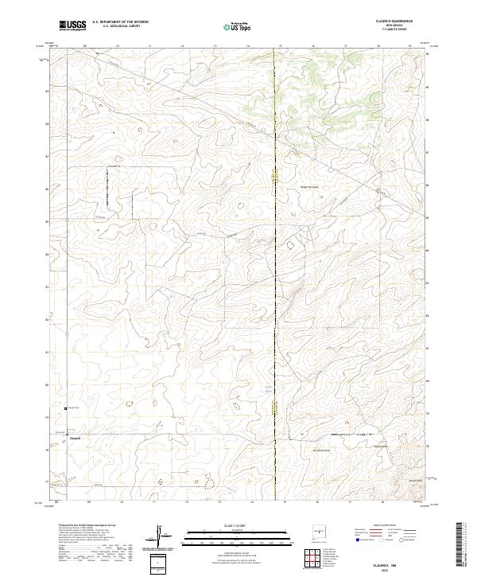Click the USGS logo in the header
point(72,25)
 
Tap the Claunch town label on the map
point(76,438)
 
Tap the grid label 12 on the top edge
point(182,46)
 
